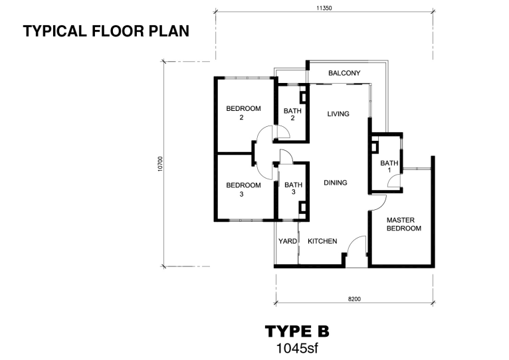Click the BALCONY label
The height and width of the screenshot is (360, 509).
coord(344,73)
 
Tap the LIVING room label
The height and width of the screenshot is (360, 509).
coord(338,114)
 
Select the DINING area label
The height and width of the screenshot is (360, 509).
coord(336,183)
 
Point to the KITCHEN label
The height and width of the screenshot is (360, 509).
coord(322,241)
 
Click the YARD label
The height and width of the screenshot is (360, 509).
coord(288,241)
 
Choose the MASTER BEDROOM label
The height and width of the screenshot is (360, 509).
coord(403,225)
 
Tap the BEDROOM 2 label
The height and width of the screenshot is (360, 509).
coord(243,113)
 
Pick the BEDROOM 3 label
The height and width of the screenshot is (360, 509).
coord(243,189)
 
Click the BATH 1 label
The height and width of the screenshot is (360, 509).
coord(389,166)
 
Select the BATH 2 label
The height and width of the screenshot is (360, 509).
coord(292,114)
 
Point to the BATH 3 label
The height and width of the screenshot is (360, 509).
coord(294,188)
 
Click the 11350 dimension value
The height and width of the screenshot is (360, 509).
coord(324,8)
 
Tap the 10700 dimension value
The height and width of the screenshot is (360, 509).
coord(159,164)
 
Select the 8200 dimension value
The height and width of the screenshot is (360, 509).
coord(354,299)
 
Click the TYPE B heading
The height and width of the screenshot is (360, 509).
coord(297,331)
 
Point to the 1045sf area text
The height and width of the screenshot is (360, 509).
coord(297,348)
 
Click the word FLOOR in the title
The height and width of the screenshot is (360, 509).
coord(118,31)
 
